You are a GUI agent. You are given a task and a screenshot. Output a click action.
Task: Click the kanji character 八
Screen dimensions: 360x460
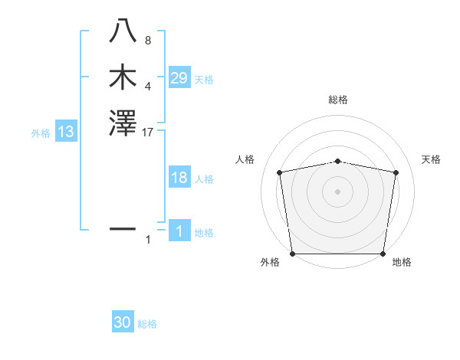123,31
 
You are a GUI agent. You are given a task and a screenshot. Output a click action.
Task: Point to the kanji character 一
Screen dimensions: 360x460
123,228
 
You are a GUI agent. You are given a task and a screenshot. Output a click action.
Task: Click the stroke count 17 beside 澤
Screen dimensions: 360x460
148,133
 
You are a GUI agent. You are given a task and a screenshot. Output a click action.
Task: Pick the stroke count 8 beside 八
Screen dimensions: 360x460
148,41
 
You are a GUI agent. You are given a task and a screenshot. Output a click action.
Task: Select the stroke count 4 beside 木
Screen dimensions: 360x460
148,87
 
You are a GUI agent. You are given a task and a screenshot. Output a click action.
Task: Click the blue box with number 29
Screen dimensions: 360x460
179,78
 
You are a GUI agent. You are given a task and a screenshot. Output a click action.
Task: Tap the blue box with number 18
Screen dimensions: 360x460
179,178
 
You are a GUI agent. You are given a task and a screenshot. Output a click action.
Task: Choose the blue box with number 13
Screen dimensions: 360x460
66,132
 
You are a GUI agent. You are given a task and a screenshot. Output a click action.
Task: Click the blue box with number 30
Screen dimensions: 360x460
123,323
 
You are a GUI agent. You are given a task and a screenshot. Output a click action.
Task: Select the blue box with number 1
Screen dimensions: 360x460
179,231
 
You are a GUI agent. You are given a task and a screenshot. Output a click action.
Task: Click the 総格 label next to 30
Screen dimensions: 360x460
148,324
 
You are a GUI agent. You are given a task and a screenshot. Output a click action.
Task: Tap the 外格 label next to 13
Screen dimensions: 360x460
41,133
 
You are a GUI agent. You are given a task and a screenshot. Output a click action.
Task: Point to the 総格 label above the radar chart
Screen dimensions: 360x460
338,100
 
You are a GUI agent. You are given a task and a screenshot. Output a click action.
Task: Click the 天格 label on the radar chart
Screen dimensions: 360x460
432,159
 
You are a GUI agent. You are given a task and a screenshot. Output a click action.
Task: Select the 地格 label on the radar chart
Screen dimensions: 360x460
402,263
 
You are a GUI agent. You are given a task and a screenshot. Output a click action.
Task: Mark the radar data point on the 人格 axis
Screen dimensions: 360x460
280,172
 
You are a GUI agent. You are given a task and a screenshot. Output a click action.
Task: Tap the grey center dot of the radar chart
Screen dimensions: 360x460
338,191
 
